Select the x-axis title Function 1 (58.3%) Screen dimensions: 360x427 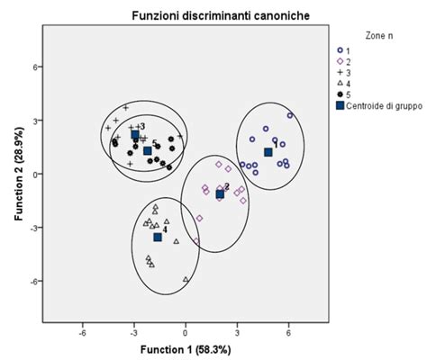(186, 348)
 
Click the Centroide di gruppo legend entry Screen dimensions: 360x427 (375, 105)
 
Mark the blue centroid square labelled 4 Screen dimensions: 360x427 (158, 237)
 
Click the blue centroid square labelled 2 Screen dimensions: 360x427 (220, 193)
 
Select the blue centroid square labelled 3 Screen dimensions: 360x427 (135, 134)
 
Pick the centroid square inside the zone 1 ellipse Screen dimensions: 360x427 (268, 152)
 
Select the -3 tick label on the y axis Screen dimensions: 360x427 (37, 228)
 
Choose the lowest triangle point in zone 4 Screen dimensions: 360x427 (186, 280)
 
